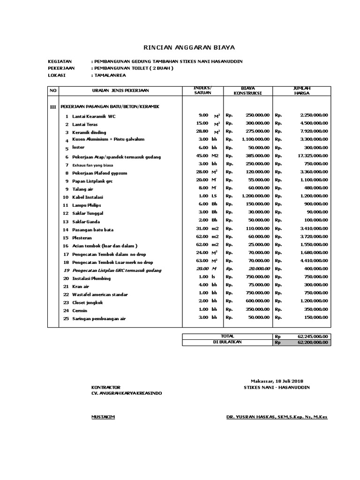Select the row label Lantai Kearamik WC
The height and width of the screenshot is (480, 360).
click(x=94, y=116)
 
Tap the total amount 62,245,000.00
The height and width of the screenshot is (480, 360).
click(x=313, y=336)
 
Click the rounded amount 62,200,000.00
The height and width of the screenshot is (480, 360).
click(x=313, y=343)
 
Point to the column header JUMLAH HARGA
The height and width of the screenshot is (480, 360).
click(x=302, y=90)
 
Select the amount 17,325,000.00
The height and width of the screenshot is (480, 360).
click(x=311, y=156)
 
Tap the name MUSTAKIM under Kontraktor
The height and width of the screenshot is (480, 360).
click(x=103, y=417)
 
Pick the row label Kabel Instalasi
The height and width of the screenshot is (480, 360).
click(x=88, y=197)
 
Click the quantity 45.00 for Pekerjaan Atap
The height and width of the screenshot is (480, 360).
click(x=202, y=156)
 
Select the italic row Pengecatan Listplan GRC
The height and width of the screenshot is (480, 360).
click(x=117, y=270)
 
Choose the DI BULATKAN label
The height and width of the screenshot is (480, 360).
click(x=227, y=343)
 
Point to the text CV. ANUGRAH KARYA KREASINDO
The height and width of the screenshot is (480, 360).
click(x=127, y=393)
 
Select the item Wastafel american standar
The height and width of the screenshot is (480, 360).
click(x=101, y=294)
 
